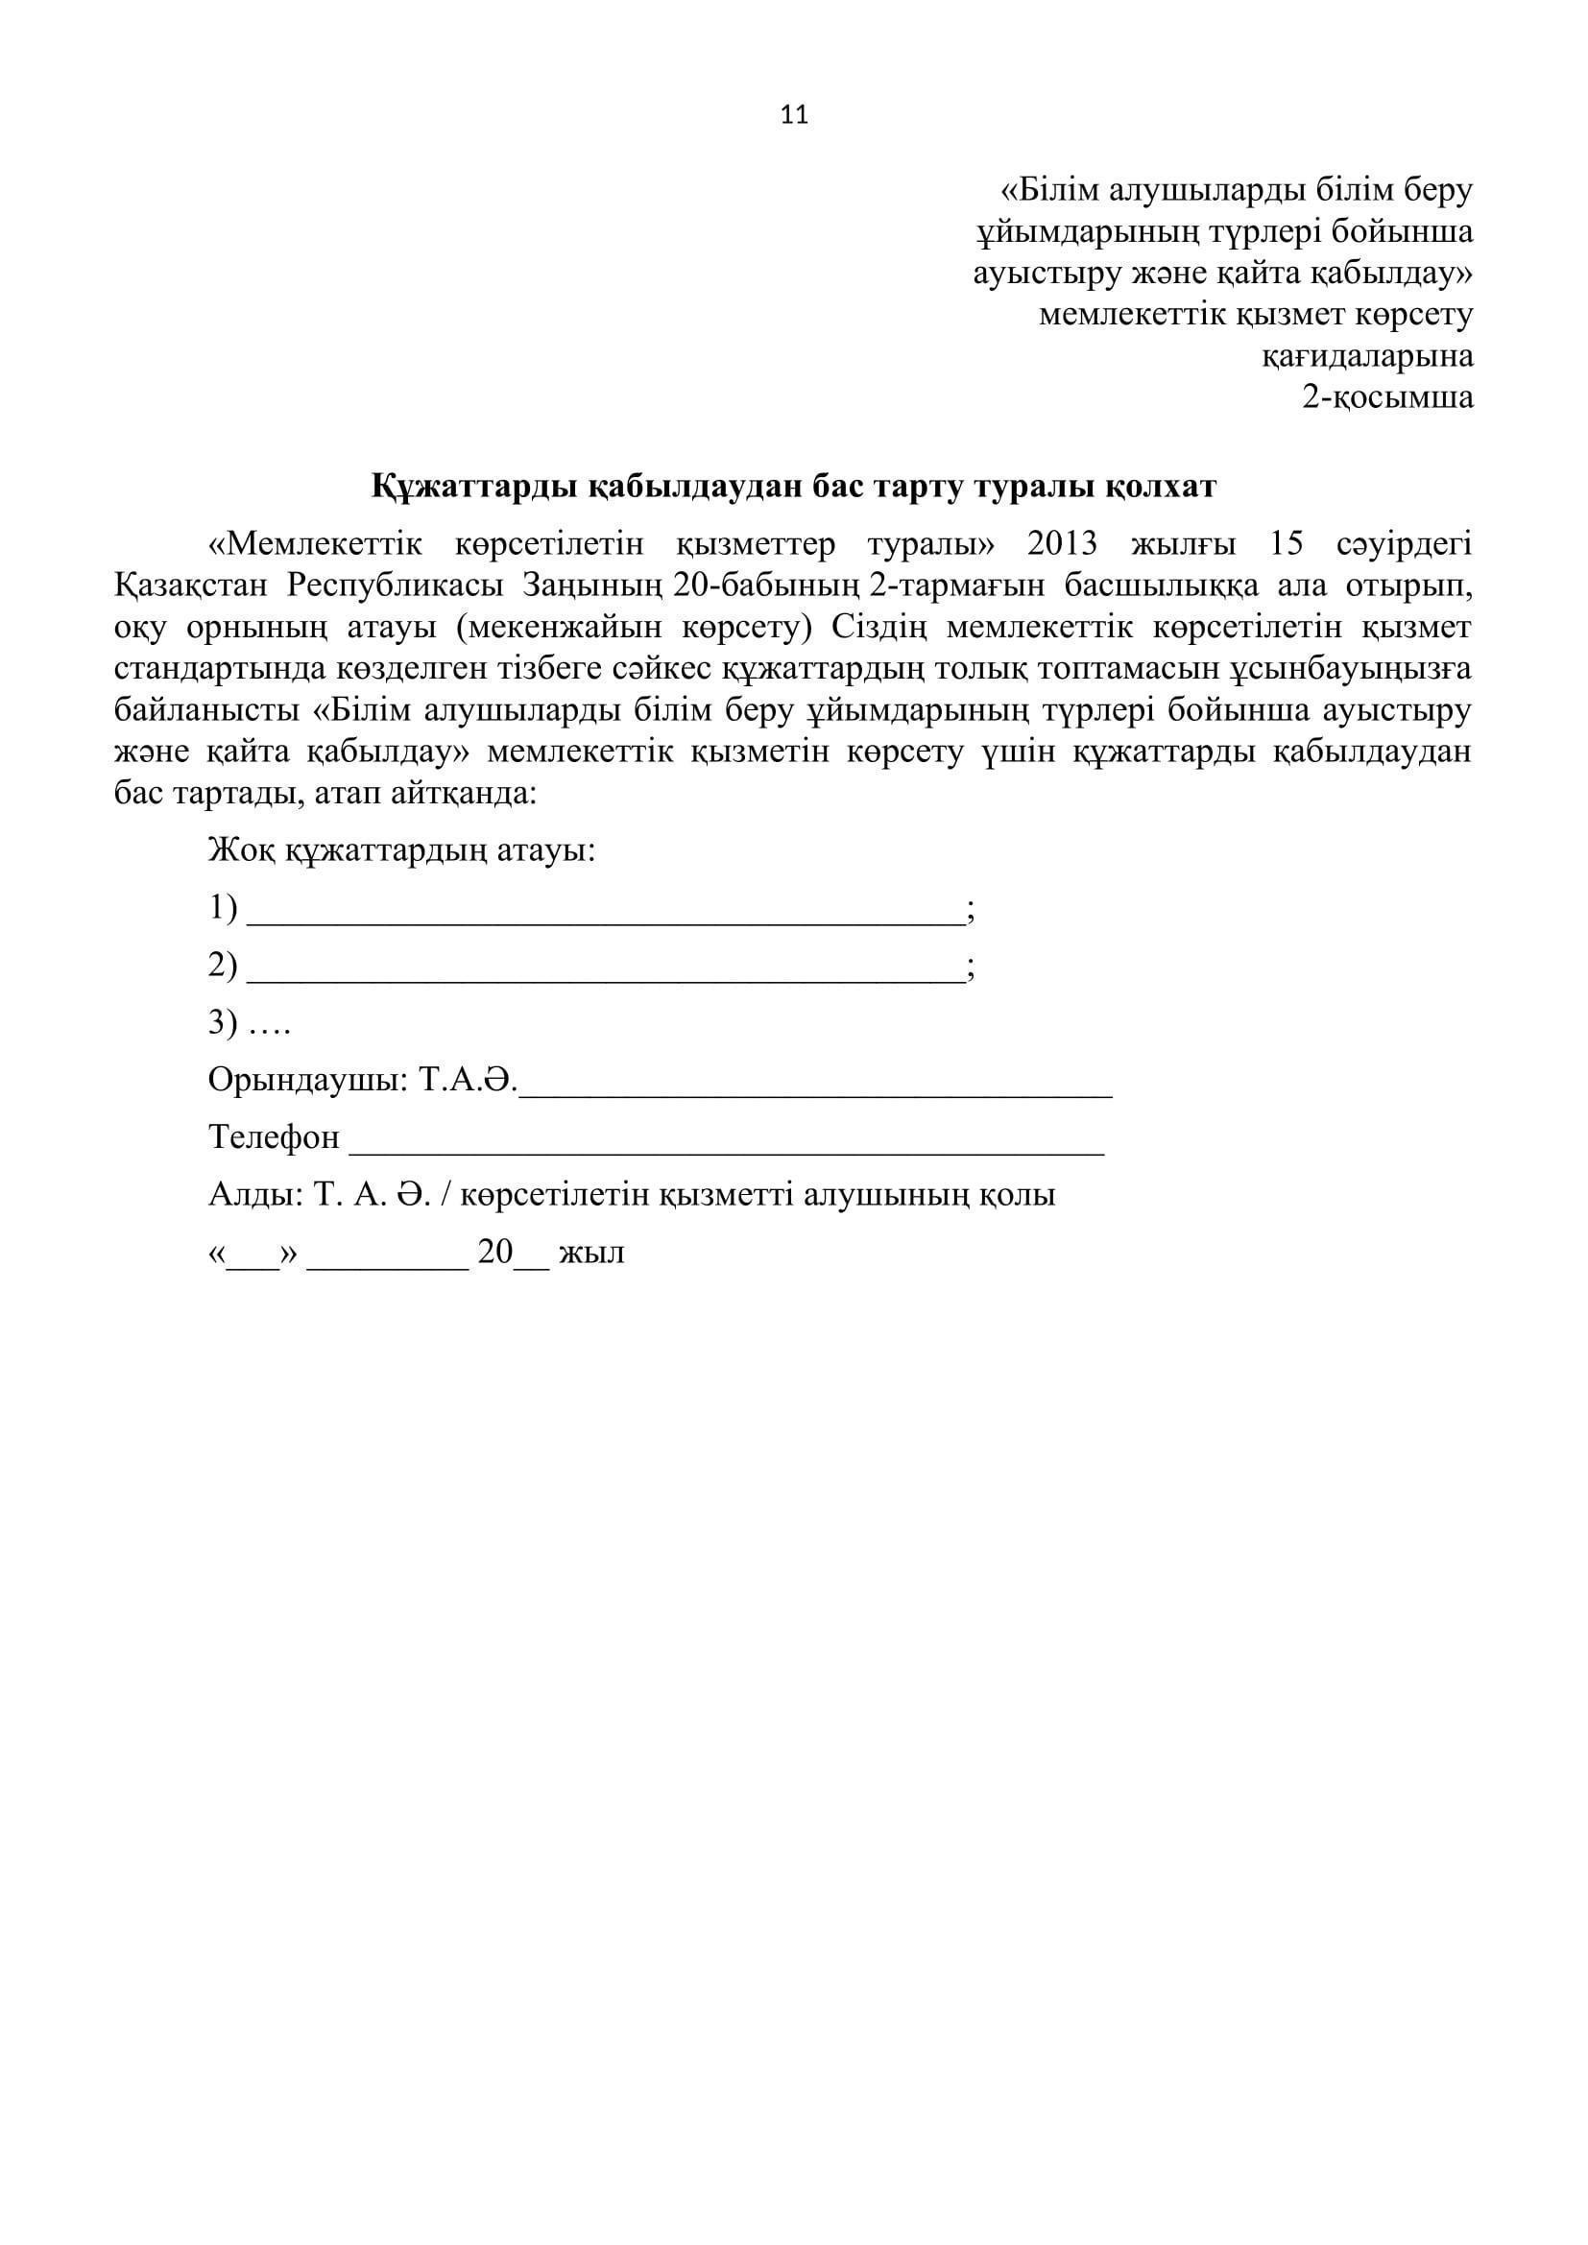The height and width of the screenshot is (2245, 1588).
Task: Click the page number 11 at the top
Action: click(794, 115)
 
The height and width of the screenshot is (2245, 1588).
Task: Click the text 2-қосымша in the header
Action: click(1386, 397)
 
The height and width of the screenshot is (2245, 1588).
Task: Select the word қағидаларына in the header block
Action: click(1367, 356)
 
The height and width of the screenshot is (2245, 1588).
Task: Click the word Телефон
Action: click(274, 1137)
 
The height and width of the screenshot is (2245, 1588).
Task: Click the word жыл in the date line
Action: click(591, 1253)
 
